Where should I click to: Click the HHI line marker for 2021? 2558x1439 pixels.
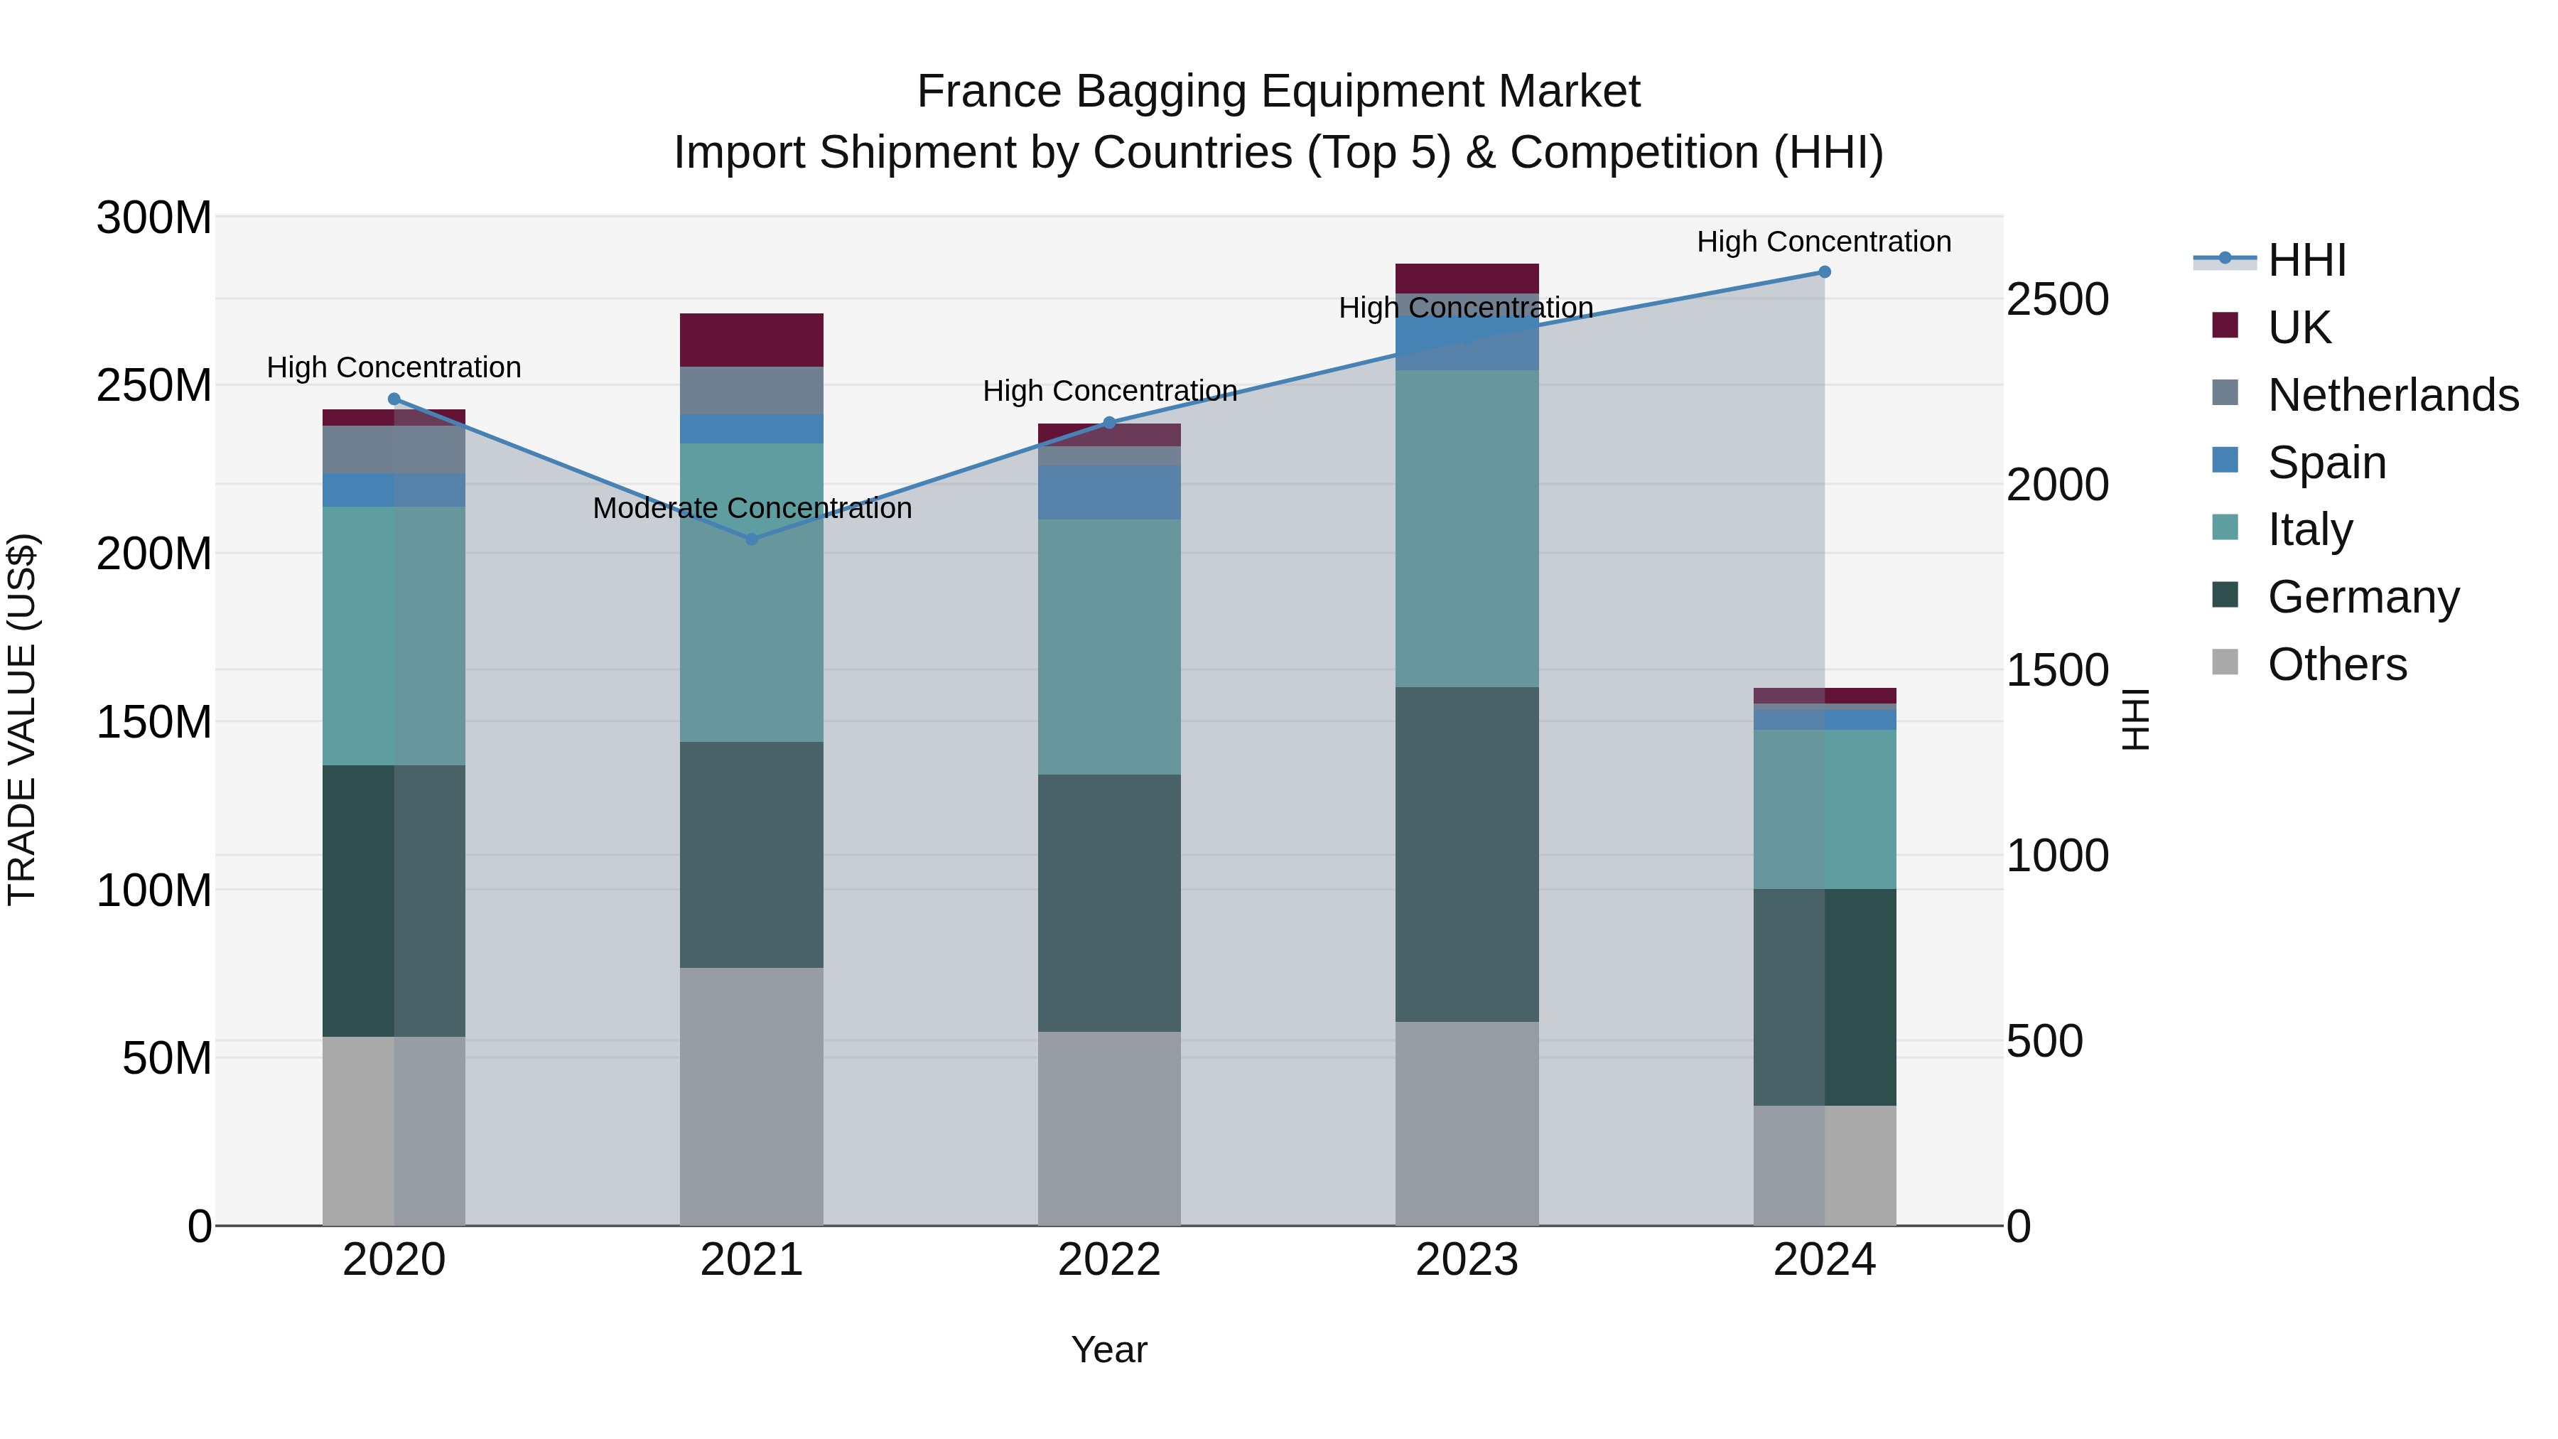pos(752,539)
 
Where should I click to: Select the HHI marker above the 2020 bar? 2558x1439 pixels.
pos(394,399)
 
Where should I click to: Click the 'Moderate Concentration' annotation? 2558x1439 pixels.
pos(752,509)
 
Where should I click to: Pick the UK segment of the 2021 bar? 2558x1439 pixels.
pos(752,340)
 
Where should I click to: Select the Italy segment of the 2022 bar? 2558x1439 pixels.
pos(1109,647)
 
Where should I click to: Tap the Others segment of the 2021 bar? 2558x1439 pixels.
pos(752,1096)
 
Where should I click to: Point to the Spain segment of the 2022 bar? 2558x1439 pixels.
pos(1109,492)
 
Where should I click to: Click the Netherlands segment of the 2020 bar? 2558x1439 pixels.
pos(394,450)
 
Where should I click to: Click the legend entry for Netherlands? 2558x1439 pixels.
pos(2392,395)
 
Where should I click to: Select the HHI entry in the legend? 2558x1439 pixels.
pos(2306,260)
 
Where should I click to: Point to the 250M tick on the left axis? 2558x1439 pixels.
pos(154,385)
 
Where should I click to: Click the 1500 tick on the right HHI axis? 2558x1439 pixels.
pos(2056,670)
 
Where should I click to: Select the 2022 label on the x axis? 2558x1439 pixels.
pos(1109,1260)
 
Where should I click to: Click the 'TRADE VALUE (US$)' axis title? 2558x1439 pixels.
pos(22,720)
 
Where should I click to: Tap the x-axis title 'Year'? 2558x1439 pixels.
pos(1109,1349)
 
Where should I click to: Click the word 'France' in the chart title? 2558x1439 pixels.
pos(989,92)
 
